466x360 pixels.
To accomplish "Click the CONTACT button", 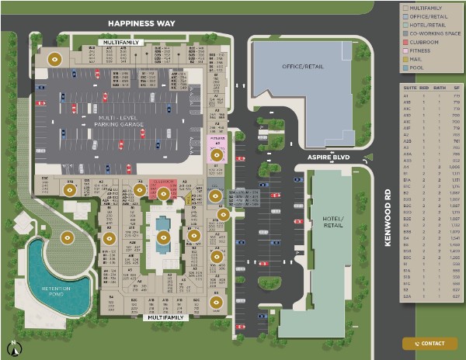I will [430, 343].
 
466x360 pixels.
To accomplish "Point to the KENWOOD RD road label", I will [387, 220].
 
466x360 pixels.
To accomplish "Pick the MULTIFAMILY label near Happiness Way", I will [120, 43].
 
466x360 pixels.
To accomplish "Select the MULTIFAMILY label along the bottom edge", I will [165, 317].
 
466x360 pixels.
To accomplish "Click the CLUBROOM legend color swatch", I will [405, 42].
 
